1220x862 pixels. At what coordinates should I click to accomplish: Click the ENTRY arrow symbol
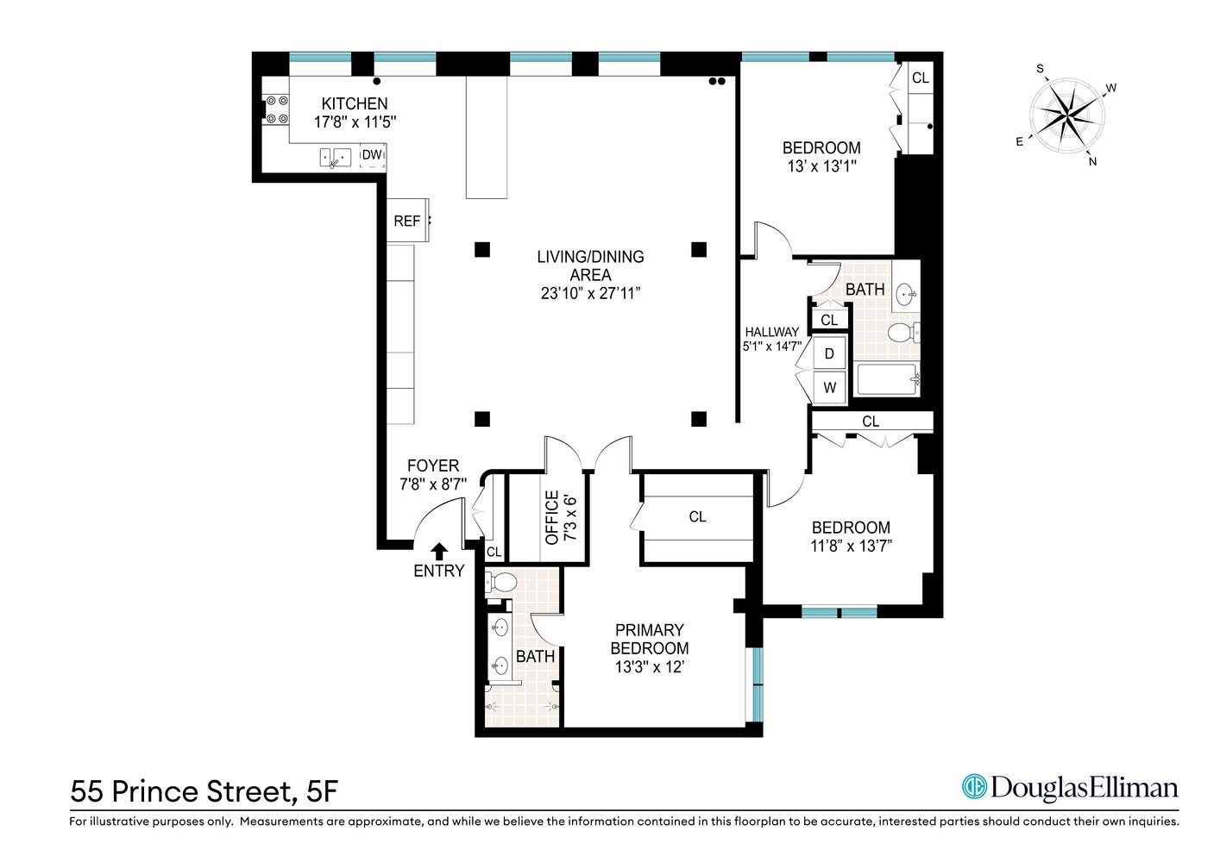click(439, 551)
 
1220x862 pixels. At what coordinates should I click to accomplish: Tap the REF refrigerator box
click(406, 221)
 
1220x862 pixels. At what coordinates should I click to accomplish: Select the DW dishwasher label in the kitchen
click(372, 155)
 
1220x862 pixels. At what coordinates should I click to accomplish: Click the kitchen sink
click(336, 157)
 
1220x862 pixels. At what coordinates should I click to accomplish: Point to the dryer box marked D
click(829, 353)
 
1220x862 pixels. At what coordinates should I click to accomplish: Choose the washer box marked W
click(829, 387)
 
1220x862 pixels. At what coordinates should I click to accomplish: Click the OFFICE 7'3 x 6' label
click(560, 517)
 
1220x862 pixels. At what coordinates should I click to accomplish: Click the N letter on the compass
click(1092, 161)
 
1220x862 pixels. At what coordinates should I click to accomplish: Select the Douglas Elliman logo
click(1070, 787)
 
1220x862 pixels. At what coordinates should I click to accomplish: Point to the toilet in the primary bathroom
click(500, 583)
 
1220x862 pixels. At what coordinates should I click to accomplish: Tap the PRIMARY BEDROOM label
click(649, 639)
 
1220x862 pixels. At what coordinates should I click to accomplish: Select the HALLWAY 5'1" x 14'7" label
click(772, 339)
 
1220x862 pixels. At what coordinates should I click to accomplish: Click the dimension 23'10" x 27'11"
click(590, 293)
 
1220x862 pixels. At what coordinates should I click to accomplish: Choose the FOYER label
click(433, 465)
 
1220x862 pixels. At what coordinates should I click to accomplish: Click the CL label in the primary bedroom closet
click(697, 516)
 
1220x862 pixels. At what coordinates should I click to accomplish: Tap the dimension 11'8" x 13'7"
click(851, 546)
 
